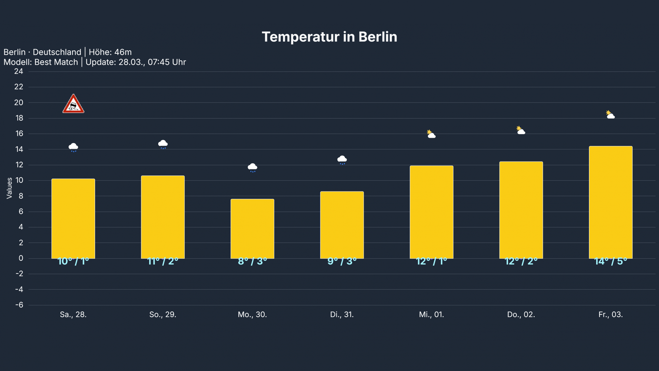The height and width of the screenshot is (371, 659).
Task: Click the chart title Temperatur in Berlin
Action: (x=329, y=37)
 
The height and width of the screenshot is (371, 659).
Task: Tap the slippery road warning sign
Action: (x=73, y=104)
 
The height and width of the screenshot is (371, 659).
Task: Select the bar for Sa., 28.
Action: (x=73, y=218)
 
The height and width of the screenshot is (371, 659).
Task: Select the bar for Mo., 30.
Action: (x=252, y=228)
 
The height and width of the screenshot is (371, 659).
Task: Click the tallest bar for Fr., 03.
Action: (x=610, y=202)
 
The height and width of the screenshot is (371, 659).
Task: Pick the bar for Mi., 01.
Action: (x=431, y=212)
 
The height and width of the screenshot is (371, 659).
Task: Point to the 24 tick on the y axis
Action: (x=19, y=71)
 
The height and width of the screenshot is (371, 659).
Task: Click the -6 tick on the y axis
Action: (x=19, y=305)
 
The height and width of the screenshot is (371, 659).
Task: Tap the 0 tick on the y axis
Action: (x=21, y=258)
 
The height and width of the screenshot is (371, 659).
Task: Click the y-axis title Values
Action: (x=9, y=188)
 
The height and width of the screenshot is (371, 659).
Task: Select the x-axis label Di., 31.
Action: (x=342, y=315)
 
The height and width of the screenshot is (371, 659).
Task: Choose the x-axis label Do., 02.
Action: (x=521, y=315)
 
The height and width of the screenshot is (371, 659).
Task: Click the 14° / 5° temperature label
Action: (x=610, y=262)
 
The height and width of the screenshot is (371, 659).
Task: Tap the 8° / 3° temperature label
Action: (x=252, y=262)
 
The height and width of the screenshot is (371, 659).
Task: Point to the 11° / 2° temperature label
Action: (x=163, y=262)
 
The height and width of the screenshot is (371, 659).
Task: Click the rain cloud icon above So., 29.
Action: (x=163, y=144)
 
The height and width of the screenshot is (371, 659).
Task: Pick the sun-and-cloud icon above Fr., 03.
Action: (x=610, y=115)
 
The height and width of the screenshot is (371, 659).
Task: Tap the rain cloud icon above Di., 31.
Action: (x=342, y=160)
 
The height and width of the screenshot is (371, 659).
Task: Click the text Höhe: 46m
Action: (x=110, y=52)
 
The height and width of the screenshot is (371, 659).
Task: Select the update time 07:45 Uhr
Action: (x=167, y=62)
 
